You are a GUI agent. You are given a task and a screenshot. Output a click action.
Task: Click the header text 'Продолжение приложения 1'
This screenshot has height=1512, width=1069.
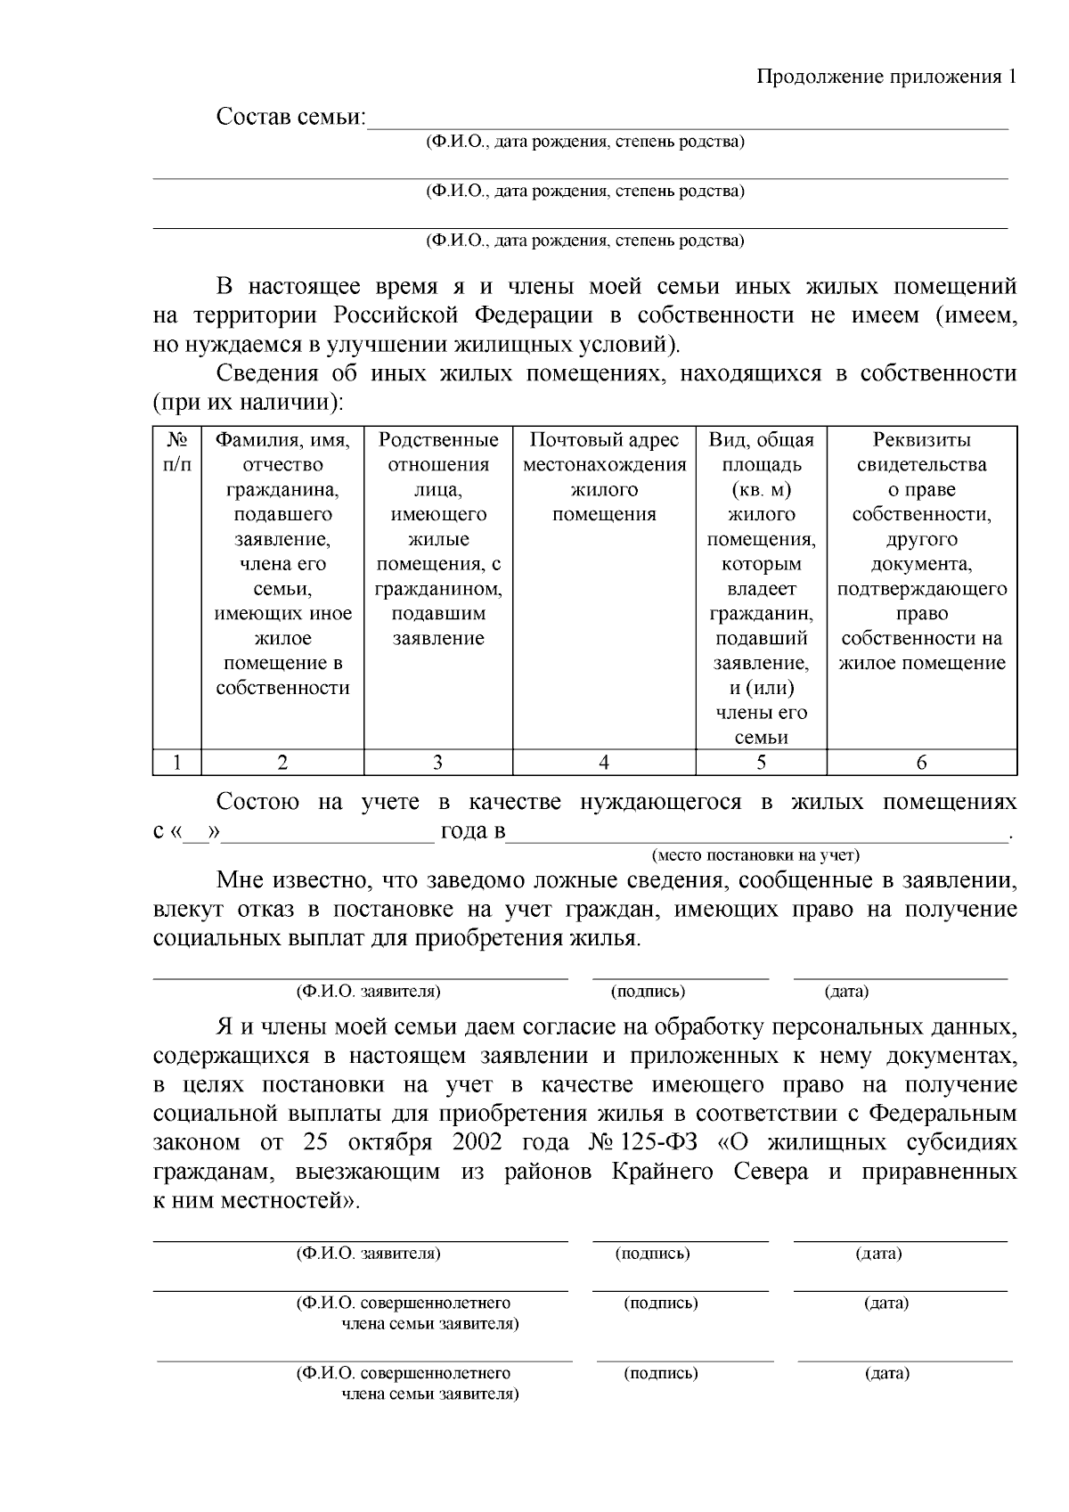[886, 77]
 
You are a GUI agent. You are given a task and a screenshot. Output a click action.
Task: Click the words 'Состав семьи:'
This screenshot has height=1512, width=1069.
[291, 118]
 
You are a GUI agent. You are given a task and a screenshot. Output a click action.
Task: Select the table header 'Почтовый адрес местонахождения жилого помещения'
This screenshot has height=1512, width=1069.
[604, 477]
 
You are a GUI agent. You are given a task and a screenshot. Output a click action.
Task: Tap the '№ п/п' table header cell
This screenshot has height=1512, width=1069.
[177, 452]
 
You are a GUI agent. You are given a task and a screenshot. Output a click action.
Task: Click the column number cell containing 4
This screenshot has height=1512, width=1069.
[604, 763]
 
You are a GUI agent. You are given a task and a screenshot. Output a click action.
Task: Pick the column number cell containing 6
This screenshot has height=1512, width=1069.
[921, 763]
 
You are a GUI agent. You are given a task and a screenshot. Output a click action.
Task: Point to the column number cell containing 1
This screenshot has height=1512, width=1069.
[177, 763]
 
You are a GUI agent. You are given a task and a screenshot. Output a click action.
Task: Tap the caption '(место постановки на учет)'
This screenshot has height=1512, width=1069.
[755, 855]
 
